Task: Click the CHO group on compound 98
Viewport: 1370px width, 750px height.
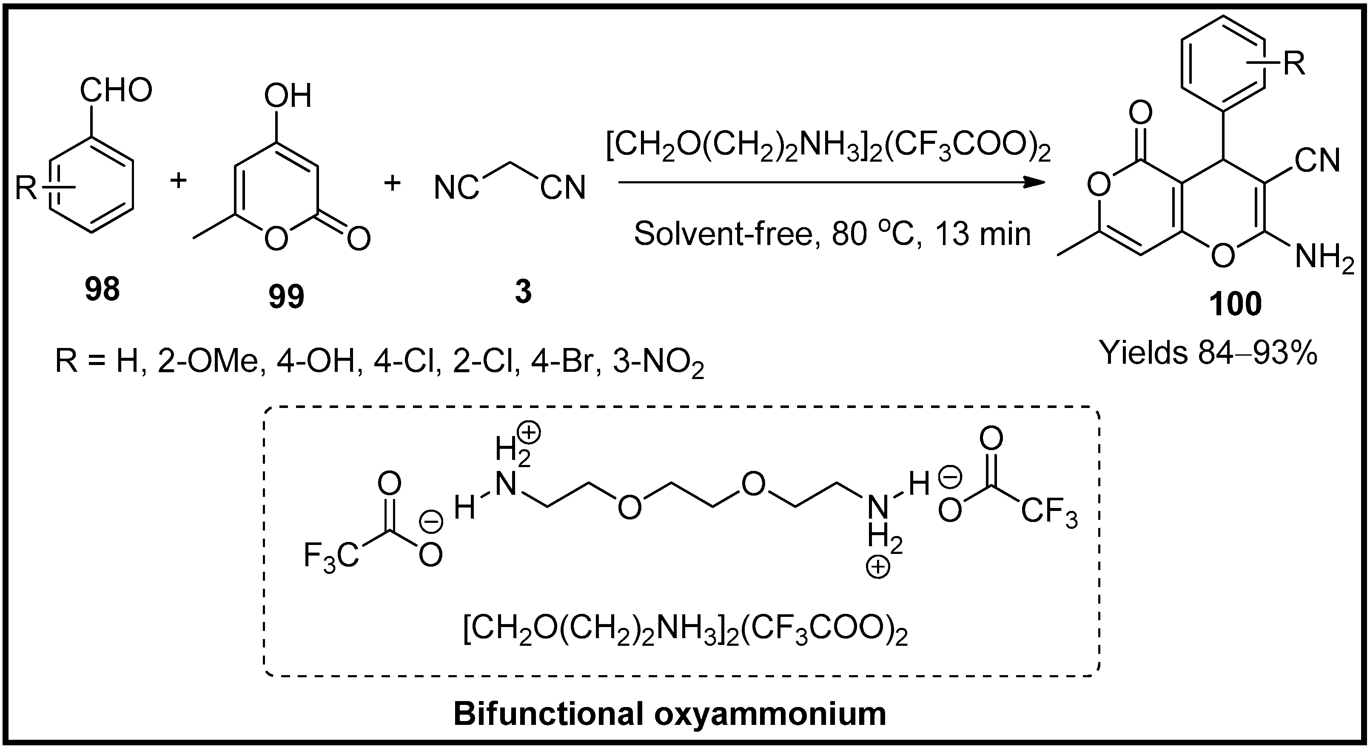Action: [116, 91]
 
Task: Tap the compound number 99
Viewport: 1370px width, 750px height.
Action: [287, 297]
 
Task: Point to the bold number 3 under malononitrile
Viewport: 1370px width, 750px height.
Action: [523, 292]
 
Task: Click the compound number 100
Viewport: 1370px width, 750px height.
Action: [1236, 305]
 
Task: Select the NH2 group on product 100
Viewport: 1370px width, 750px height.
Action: [1324, 260]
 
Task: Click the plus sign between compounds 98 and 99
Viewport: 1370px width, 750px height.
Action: [179, 181]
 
